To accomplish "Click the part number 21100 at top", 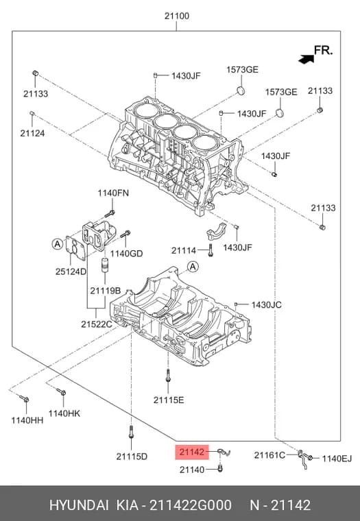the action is [x=177, y=16].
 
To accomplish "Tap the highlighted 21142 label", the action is [x=192, y=452].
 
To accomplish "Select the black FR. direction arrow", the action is [x=306, y=59].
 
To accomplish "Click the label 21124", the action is [x=32, y=133].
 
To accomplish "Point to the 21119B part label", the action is [x=105, y=291].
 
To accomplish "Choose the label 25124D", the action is [x=71, y=271].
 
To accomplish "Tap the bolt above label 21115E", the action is [x=168, y=376].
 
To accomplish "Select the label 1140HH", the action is [x=27, y=420].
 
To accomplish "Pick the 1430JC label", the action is [x=266, y=304].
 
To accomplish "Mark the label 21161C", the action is [x=269, y=455].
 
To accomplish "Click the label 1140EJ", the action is [x=337, y=459].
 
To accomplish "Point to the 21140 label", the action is [x=192, y=470].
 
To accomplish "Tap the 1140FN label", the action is [x=113, y=193].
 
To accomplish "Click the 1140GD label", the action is [x=126, y=254].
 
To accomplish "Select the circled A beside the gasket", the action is [x=58, y=244].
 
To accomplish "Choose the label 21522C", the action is [x=97, y=324].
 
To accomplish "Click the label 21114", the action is [x=184, y=250].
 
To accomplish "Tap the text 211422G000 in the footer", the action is [x=190, y=505].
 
